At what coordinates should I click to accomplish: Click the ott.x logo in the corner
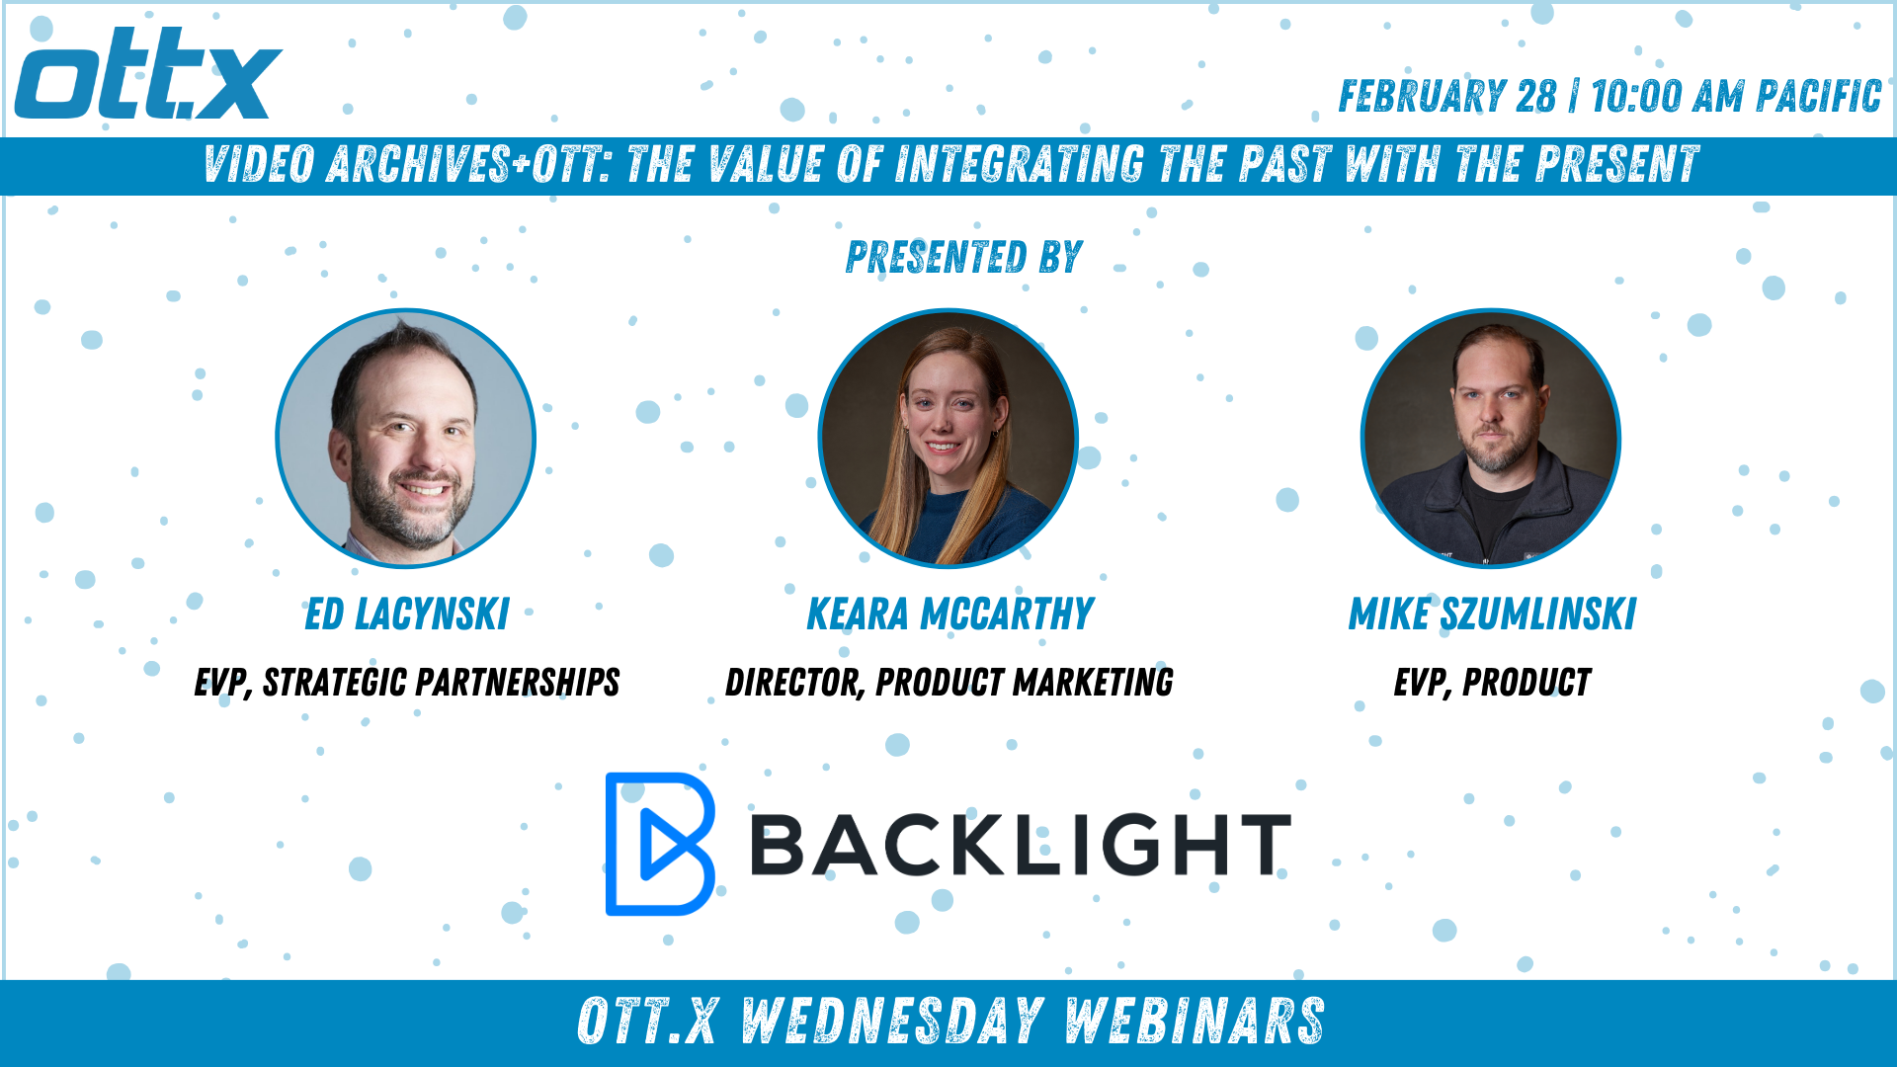[x=148, y=73]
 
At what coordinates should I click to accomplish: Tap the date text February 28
[x=1447, y=97]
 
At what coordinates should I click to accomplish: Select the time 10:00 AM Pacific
[x=1736, y=97]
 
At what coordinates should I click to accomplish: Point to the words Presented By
[x=964, y=257]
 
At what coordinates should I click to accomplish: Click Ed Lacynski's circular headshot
[x=405, y=439]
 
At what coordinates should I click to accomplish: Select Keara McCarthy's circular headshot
[x=948, y=439]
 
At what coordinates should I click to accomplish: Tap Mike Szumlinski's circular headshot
[x=1491, y=439]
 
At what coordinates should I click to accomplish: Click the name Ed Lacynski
[x=407, y=615]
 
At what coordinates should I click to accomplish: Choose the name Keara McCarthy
[x=950, y=615]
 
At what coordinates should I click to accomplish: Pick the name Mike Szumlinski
[x=1493, y=615]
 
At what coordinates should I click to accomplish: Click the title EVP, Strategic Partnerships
[x=407, y=683]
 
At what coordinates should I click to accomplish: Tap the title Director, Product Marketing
[x=949, y=683]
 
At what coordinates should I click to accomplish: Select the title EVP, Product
[x=1492, y=683]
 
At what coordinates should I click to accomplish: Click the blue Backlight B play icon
[x=659, y=845]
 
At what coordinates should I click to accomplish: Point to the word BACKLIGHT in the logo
[x=1021, y=845]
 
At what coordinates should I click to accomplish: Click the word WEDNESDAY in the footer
[x=893, y=1021]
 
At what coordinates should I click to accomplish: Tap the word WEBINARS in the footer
[x=1196, y=1021]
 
